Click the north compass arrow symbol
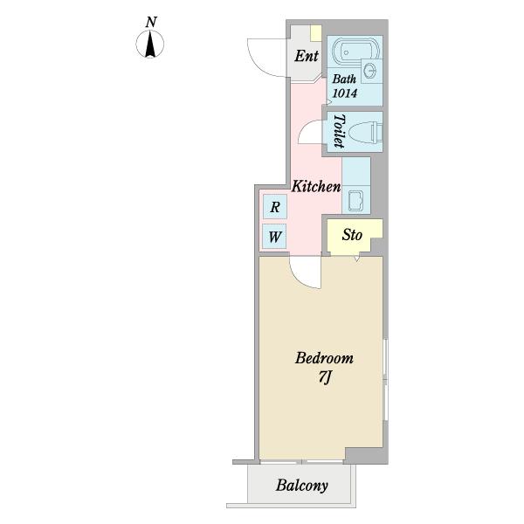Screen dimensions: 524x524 [150, 44]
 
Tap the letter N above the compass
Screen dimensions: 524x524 [151, 23]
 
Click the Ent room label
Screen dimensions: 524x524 [307, 56]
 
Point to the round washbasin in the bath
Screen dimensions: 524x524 [370, 71]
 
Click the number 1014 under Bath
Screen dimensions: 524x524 [345, 93]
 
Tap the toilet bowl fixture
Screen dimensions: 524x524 [365, 133]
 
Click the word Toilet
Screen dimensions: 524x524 [339, 131]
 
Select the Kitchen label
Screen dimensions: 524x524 [316, 186]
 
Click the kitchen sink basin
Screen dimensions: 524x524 [355, 201]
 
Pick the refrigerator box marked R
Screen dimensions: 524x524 [275, 206]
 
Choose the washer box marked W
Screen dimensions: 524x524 [274, 237]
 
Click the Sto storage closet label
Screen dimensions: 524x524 [352, 235]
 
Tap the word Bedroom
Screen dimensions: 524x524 [324, 358]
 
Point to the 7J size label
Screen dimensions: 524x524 [324, 377]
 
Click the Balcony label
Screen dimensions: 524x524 [301, 486]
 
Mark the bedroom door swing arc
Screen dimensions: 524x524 [299, 277]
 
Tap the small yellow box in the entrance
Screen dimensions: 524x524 [315, 33]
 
